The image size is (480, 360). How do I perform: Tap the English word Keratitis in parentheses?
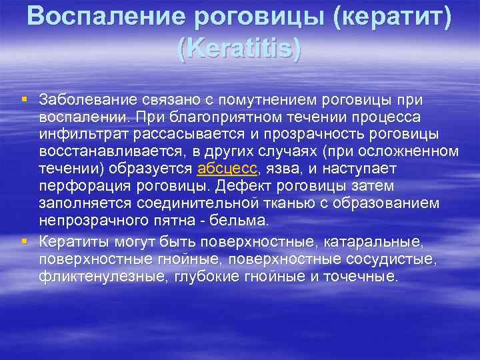tap(240, 49)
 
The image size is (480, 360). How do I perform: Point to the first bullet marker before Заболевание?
tap(25, 99)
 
